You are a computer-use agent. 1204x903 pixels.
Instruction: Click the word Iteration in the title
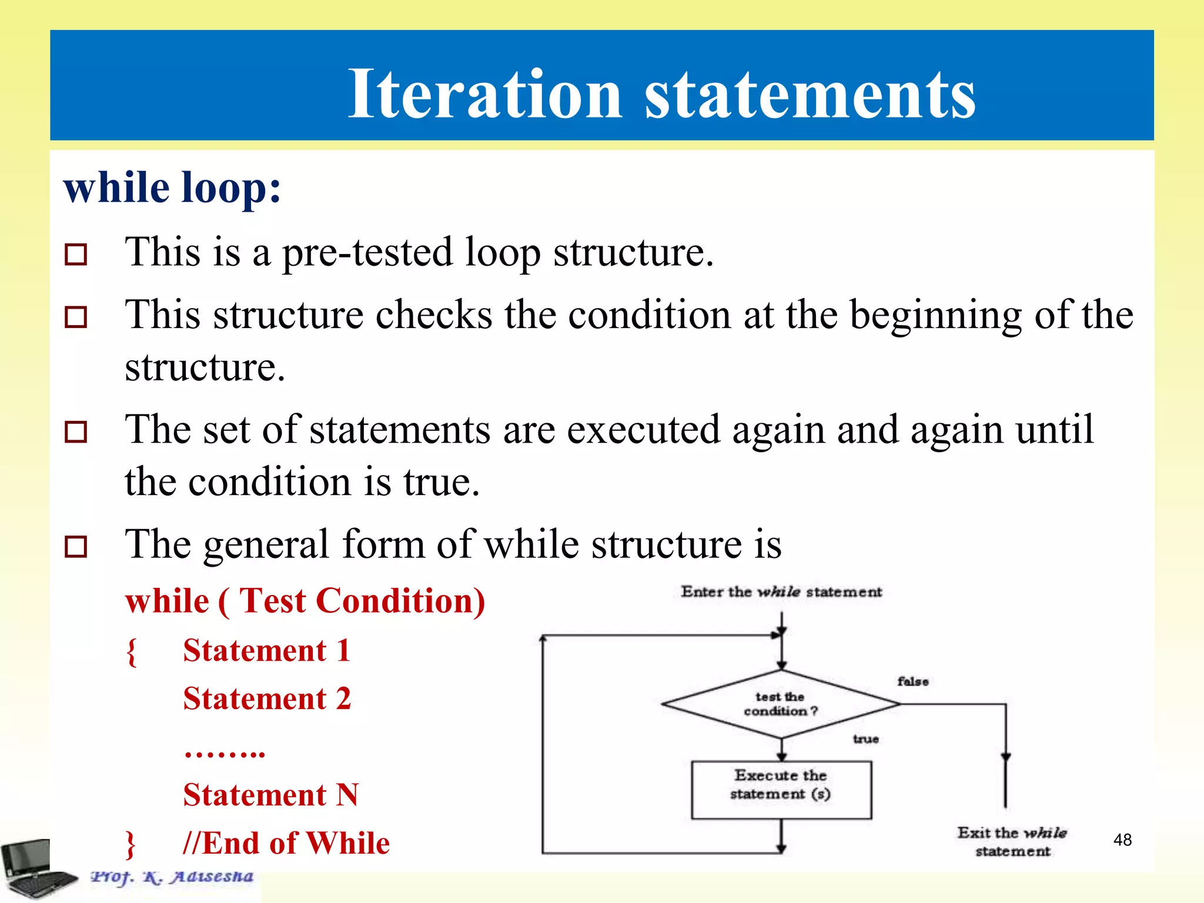(484, 94)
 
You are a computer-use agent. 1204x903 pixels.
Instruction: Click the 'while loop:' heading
(172, 188)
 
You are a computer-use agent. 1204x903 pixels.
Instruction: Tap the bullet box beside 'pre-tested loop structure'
(76, 255)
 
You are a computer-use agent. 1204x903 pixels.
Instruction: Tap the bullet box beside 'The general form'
(76, 546)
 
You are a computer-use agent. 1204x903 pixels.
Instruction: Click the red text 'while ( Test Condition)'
(305, 601)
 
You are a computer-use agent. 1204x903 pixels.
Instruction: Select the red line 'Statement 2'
(267, 699)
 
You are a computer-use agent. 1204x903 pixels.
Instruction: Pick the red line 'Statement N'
(270, 795)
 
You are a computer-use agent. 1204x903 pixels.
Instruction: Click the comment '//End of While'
(286, 843)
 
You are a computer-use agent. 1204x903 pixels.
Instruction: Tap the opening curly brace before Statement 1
(132, 652)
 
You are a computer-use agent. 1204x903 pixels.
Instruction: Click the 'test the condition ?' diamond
(781, 704)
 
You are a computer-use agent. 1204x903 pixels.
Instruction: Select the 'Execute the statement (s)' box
(781, 789)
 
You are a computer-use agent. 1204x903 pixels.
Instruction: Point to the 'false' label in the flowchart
(912, 681)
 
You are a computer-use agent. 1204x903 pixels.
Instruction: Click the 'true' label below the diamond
(865, 739)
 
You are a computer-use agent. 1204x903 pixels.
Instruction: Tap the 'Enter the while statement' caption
(781, 592)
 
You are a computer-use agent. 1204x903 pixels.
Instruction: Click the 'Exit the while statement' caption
(1012, 841)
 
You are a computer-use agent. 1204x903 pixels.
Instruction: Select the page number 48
(1122, 840)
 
